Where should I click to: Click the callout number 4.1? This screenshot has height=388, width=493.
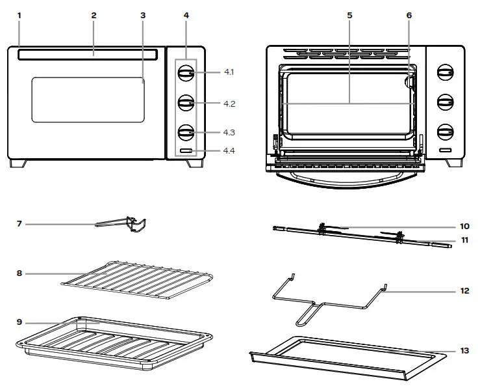[228, 72]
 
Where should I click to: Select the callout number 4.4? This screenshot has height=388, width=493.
[228, 150]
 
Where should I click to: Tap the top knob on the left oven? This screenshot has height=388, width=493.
[186, 73]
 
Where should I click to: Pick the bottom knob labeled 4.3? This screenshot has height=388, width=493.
[186, 132]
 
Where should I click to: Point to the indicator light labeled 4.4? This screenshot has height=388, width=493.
[186, 151]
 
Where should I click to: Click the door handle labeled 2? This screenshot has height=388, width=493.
[87, 55]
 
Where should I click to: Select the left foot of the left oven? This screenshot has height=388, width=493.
[19, 163]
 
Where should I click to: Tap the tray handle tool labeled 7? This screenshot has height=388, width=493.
[129, 225]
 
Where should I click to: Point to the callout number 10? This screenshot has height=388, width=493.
[464, 227]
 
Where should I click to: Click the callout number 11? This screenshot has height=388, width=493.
[464, 240]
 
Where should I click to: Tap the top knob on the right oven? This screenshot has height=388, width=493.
[445, 72]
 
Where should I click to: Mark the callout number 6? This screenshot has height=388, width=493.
[409, 15]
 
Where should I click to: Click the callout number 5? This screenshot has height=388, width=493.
[349, 15]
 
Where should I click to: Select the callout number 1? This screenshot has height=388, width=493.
[19, 15]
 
